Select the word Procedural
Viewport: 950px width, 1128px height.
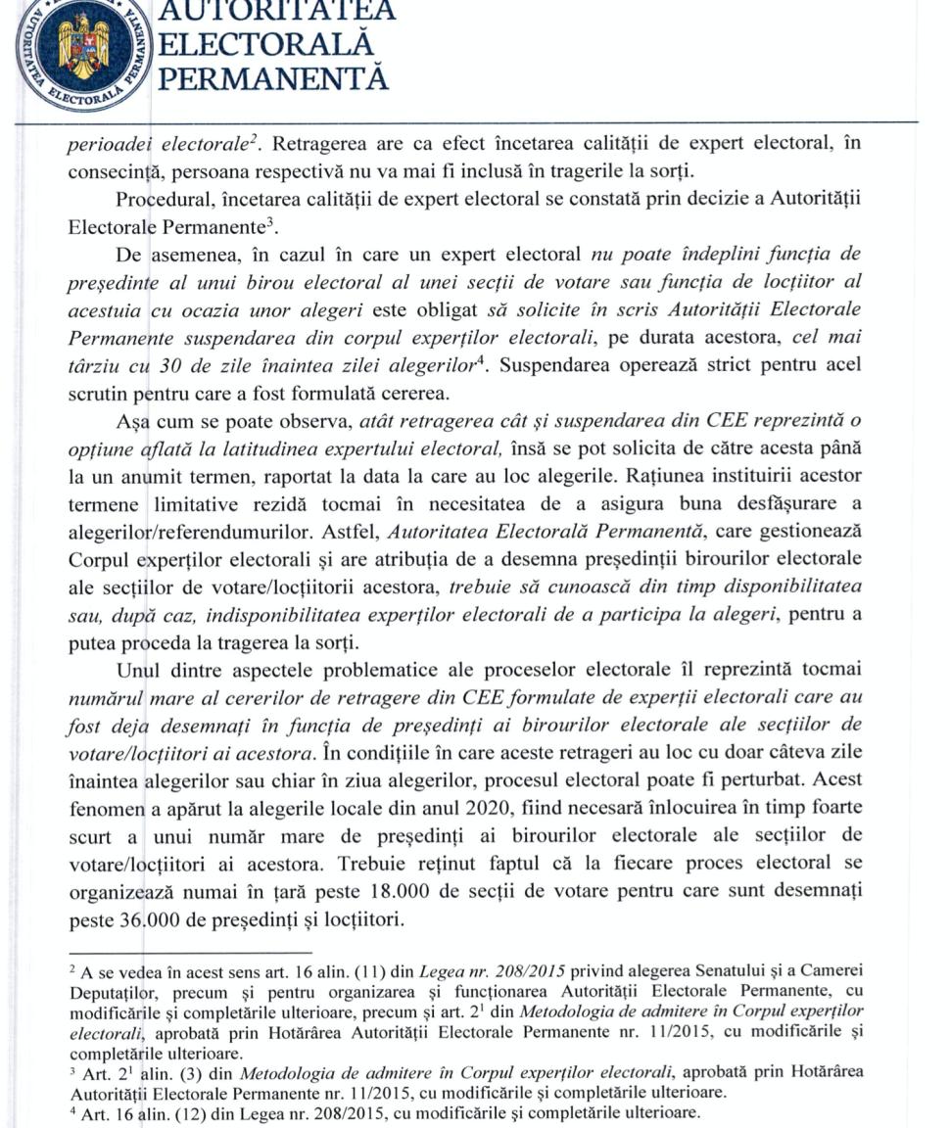pos(162,200)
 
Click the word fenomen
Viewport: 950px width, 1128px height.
pos(104,809)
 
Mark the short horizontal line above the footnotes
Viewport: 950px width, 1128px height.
pos(190,952)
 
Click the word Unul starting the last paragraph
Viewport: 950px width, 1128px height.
pos(137,671)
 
